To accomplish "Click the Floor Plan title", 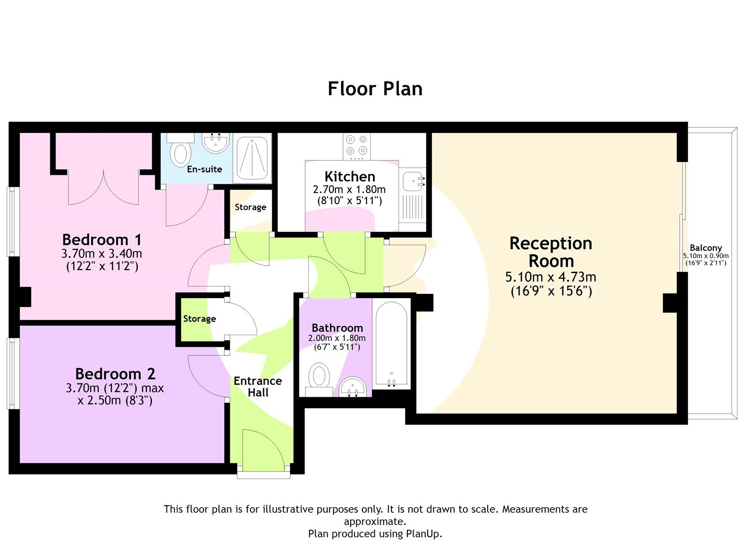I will point(375,89).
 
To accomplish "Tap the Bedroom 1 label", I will point(101,239).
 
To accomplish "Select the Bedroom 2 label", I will point(115,374).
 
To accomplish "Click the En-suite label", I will point(204,169).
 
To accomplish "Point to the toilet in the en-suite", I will point(180,153).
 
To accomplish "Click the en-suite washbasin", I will point(216,142).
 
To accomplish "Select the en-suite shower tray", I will point(253,158).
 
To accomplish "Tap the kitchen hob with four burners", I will point(356,145).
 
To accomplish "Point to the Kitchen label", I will point(350,177).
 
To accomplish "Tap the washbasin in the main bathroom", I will point(353,388).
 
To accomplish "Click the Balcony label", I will point(705,247).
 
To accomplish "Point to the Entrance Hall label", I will point(258,386).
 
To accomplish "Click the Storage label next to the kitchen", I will point(250,207).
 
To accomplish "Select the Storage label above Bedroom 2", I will point(199,319).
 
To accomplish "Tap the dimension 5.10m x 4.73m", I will point(551,277).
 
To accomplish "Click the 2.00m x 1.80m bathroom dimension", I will point(337,338).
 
